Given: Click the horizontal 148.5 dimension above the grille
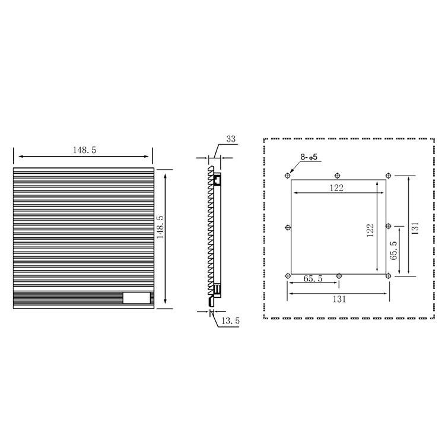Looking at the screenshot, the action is pyautogui.click(x=85, y=150).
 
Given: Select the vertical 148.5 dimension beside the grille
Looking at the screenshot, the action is pyautogui.click(x=160, y=227).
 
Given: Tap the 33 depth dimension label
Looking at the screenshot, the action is pyautogui.click(x=231, y=139).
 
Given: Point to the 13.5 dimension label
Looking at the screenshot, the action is pyautogui.click(x=230, y=321).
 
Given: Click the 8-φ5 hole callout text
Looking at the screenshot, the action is pyautogui.click(x=309, y=157).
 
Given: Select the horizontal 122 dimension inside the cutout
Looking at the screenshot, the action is pyautogui.click(x=336, y=188).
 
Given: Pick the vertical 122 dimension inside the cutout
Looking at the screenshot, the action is pyautogui.click(x=370, y=230).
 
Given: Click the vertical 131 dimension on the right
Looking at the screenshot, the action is pyautogui.click(x=415, y=228).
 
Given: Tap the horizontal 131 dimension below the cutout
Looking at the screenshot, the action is pyautogui.click(x=339, y=299).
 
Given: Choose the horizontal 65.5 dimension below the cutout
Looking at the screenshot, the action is pyautogui.click(x=313, y=279).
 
